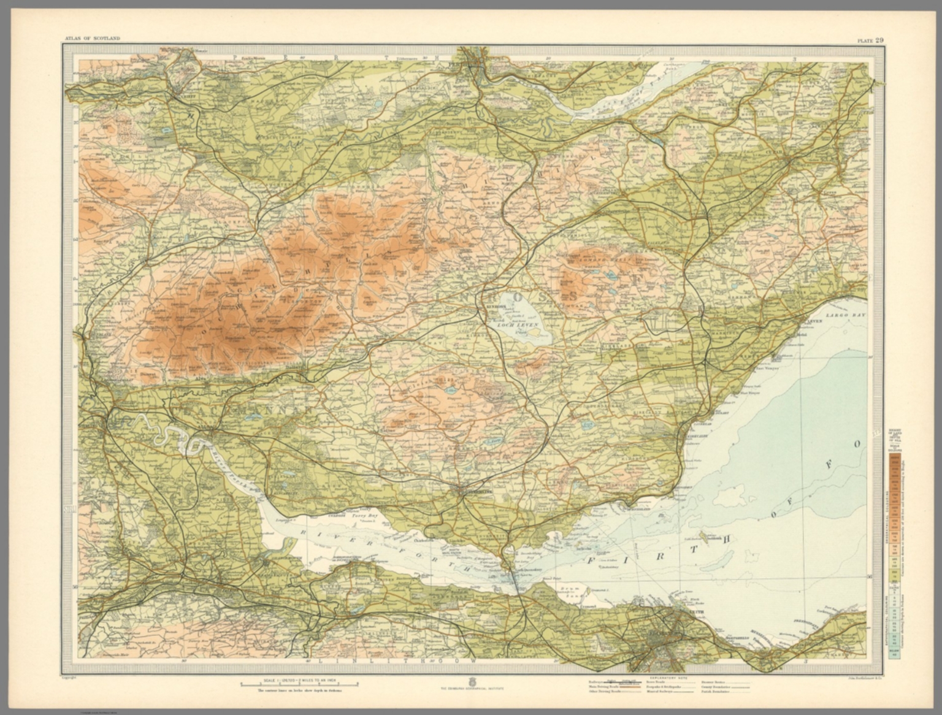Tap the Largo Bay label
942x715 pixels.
(839, 315)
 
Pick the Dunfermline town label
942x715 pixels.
(473, 491)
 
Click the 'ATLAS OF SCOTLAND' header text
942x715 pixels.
(92, 39)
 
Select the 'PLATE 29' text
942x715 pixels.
(870, 40)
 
